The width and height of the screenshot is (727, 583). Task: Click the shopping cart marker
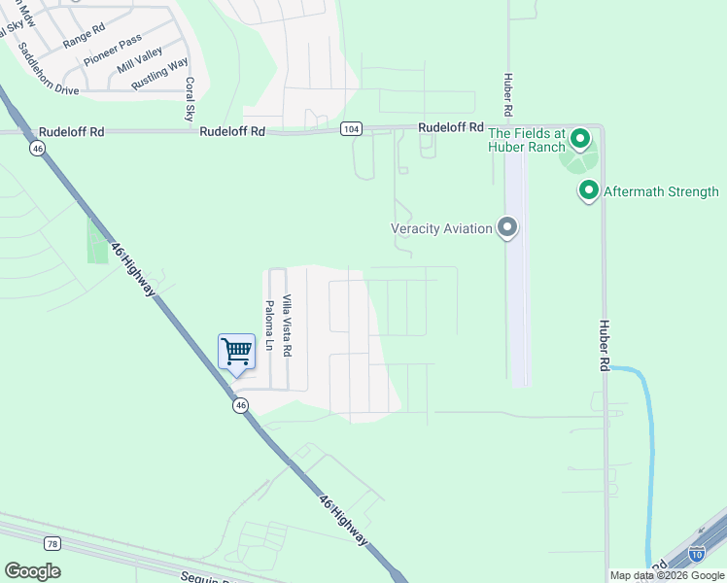236,351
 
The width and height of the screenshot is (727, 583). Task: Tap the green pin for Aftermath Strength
588,190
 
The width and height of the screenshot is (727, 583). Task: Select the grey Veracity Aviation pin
506,228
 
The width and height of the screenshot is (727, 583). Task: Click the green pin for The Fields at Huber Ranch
580,139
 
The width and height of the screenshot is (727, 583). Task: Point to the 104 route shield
351,129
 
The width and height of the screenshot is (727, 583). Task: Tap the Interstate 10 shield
696,554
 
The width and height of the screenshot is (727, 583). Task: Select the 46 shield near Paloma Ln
239,407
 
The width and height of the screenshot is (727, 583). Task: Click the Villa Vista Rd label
287,324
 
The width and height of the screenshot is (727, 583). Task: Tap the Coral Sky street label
190,99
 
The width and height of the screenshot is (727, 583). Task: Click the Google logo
32,571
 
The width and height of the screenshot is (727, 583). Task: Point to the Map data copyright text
667,575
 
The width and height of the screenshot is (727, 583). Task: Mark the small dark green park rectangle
97,240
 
